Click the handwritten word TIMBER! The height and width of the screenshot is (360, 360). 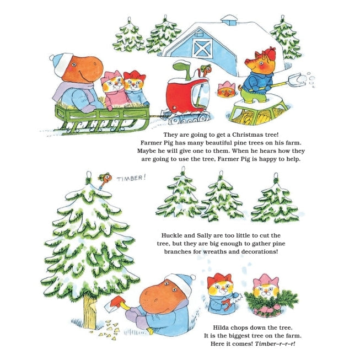tap(131, 178)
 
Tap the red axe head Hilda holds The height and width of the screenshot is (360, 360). tap(117, 301)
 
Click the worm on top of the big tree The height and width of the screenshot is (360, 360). tap(105, 180)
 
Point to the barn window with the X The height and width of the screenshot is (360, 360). tap(202, 48)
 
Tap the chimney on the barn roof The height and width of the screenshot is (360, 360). tap(229, 20)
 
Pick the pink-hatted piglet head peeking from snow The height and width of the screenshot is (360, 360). tap(226, 89)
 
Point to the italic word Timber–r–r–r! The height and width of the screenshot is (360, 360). tap(275, 343)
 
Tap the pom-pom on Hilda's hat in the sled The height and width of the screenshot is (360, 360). tap(52, 57)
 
